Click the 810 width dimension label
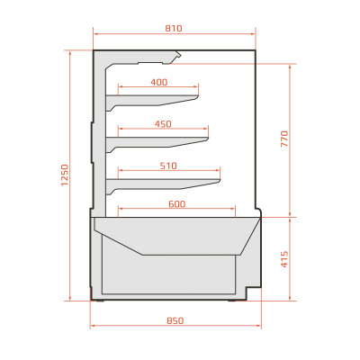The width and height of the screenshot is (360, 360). pyautogui.click(x=174, y=29)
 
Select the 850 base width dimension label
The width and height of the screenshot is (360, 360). pyautogui.click(x=175, y=320)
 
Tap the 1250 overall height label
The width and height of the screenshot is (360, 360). pyautogui.click(x=65, y=175)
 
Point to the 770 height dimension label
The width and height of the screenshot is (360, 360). pyautogui.click(x=284, y=139)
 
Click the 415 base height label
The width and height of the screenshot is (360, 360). pyautogui.click(x=284, y=259)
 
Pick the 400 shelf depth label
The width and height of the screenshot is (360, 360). pyautogui.click(x=159, y=82)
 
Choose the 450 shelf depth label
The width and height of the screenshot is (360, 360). pyautogui.click(x=163, y=124)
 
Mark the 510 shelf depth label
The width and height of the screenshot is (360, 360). pyautogui.click(x=168, y=166)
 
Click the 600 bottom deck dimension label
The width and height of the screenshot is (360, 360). pyautogui.click(x=177, y=204)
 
